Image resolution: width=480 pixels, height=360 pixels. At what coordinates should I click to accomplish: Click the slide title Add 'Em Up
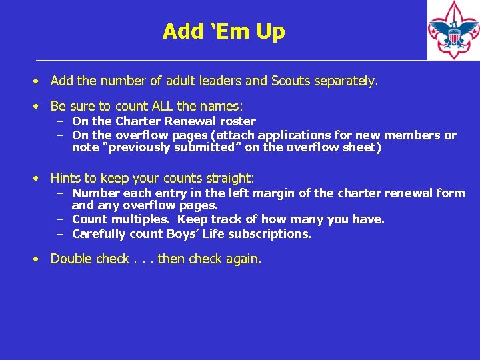coord(223,31)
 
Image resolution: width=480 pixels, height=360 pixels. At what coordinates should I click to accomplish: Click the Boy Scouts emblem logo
coord(453,30)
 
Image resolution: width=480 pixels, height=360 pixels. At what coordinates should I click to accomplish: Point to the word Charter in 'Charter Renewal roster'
coord(139,121)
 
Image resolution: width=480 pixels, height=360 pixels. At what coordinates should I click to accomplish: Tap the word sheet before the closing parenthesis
coord(360,147)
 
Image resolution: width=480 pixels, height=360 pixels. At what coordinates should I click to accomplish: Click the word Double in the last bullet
coord(71,259)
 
